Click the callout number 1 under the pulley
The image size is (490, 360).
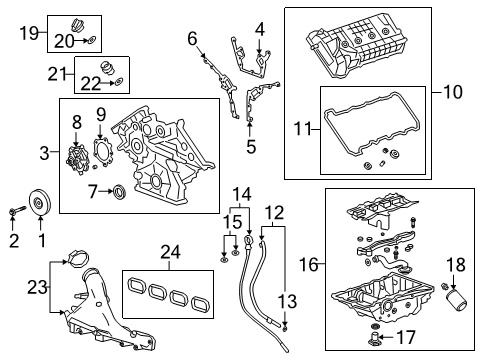coord(41,240)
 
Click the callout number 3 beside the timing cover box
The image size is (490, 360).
coord(43,152)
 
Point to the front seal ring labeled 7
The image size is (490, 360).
coord(119,190)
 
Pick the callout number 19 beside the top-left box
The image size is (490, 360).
coord(30,34)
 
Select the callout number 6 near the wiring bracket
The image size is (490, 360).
coord(192,39)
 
